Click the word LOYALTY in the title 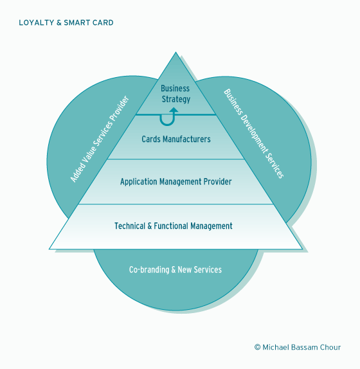click(x=37, y=22)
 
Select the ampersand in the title click(x=59, y=22)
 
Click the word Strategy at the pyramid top click(x=176, y=99)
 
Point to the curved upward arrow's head click(x=174, y=110)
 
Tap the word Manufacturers click(x=186, y=139)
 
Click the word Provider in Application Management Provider click(x=218, y=182)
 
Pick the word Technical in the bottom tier click(x=130, y=226)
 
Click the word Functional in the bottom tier click(x=171, y=226)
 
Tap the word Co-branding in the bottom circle click(x=149, y=270)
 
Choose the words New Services click(x=199, y=270)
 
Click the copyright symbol click(x=257, y=347)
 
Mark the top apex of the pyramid click(x=175, y=52)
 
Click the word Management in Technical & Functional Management click(x=212, y=226)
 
